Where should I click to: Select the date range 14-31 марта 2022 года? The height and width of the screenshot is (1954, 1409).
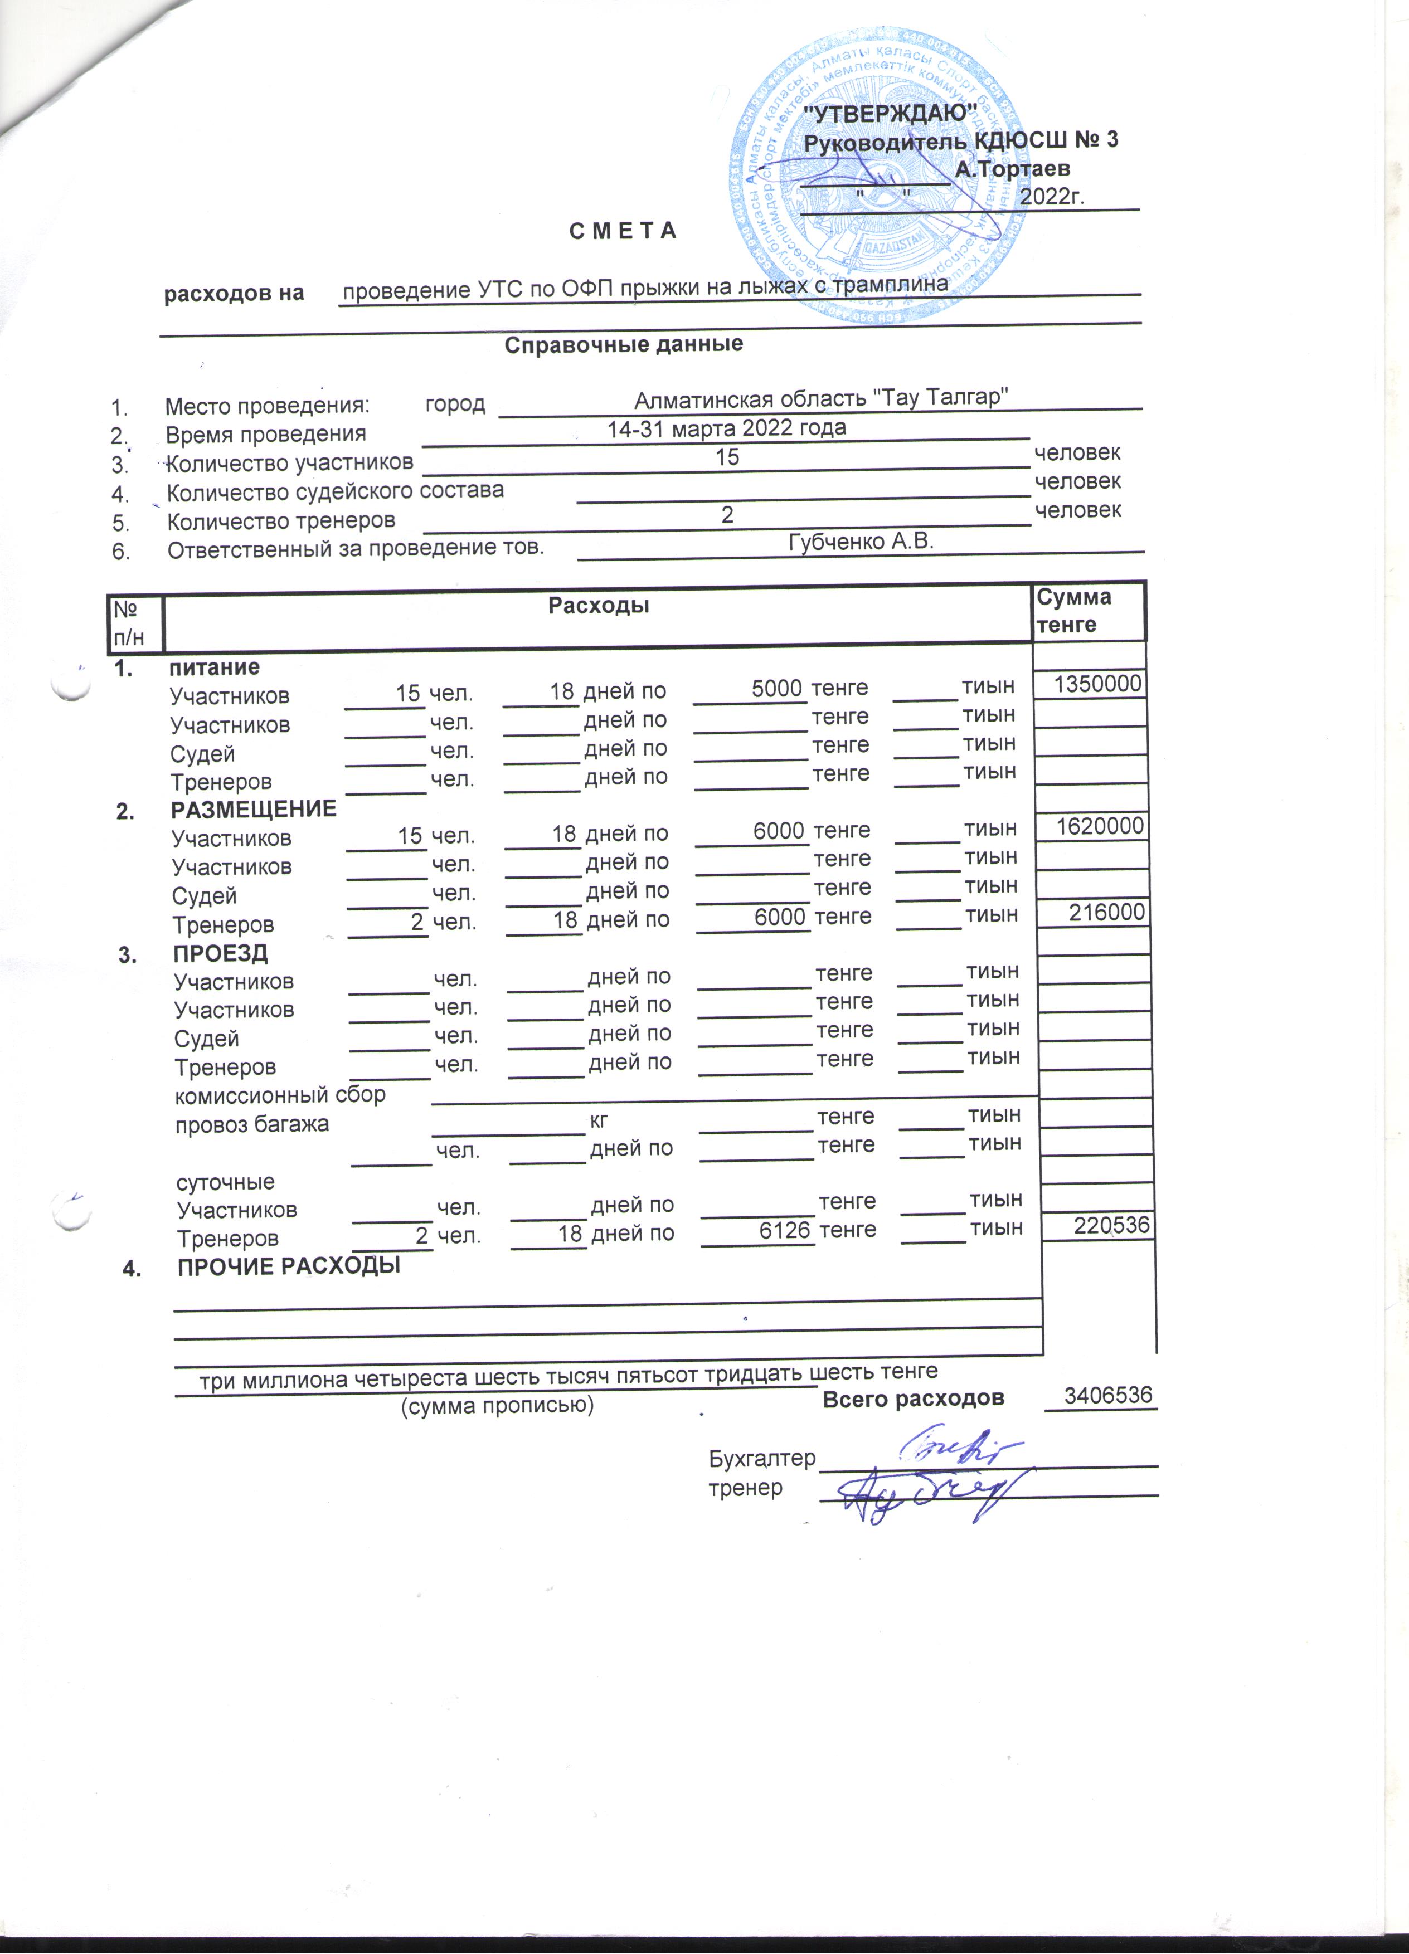[726, 428]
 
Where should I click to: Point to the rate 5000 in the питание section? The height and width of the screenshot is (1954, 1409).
[778, 688]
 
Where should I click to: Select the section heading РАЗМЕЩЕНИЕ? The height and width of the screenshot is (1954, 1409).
[254, 809]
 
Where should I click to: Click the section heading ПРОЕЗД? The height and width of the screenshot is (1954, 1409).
[221, 953]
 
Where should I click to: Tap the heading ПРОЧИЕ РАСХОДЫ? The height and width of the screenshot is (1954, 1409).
[289, 1266]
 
